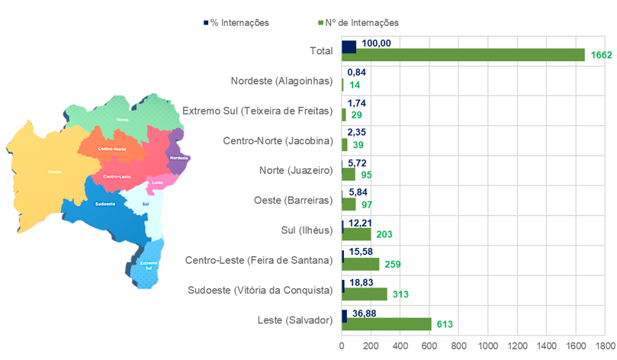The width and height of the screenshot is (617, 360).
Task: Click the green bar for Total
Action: (x=463, y=55)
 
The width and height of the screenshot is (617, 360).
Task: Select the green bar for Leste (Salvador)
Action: (x=386, y=324)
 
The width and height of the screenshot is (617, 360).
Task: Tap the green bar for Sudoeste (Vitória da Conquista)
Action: (x=365, y=294)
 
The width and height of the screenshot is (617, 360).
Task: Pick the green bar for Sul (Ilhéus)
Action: (x=356, y=234)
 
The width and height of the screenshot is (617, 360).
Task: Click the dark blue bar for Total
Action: (x=349, y=47)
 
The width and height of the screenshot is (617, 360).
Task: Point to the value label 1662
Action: (x=601, y=55)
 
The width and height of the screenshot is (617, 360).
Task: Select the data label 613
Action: (x=445, y=324)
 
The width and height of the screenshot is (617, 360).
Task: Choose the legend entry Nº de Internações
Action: (x=355, y=23)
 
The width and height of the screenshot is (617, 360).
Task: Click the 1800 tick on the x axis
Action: (x=605, y=345)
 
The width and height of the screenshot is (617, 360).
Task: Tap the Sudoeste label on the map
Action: (x=105, y=204)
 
